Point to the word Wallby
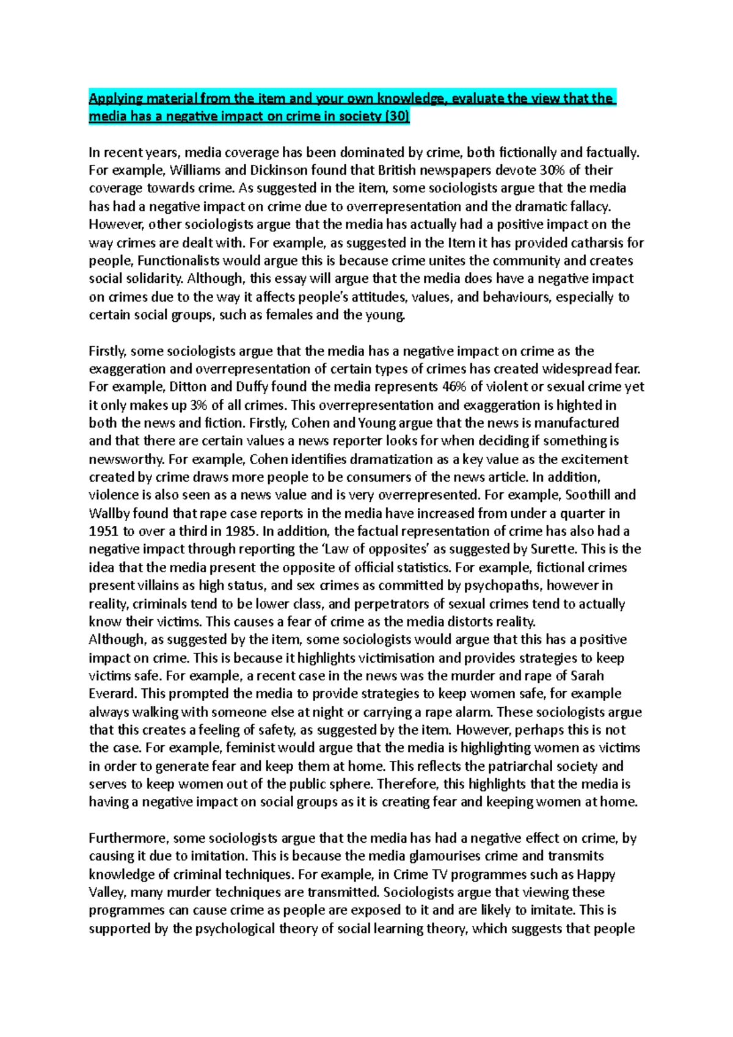(111, 514)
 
